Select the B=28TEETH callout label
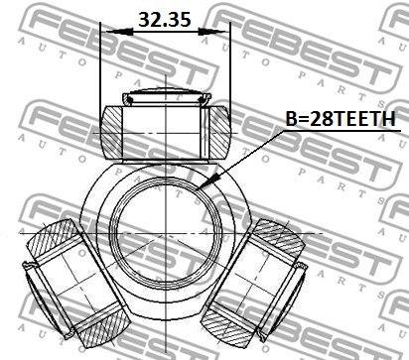(x=341, y=119)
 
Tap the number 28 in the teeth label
(x=320, y=119)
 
